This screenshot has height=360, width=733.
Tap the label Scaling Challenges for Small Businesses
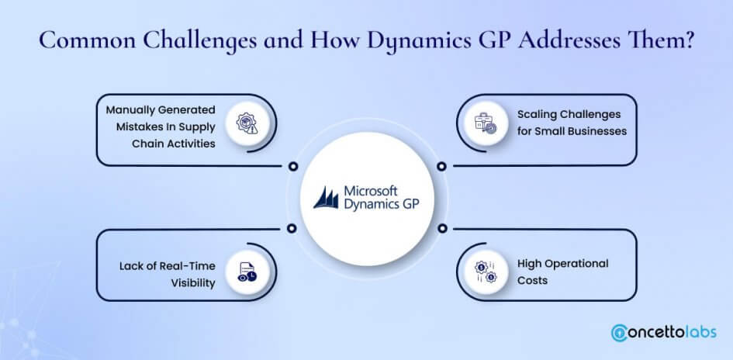click(572, 123)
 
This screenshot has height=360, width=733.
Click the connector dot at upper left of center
click(292, 166)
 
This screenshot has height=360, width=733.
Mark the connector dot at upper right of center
click(441, 166)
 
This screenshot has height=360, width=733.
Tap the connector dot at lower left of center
click(292, 228)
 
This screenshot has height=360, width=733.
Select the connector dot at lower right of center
click(441, 228)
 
